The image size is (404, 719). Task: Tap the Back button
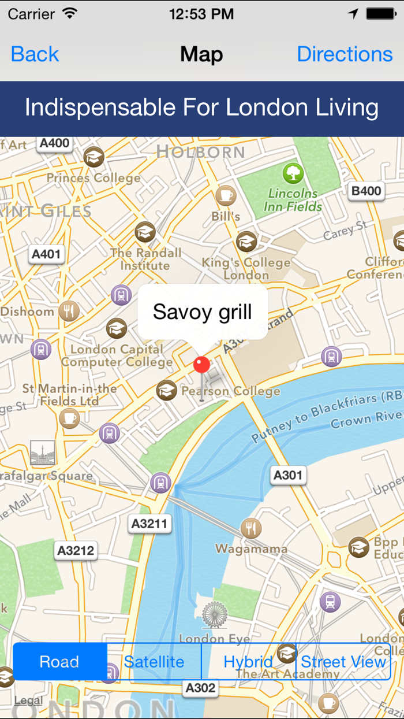35,54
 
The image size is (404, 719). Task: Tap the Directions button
345,54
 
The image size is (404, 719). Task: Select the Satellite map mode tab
154,662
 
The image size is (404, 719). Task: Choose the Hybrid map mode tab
248,662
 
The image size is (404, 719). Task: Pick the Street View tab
343,662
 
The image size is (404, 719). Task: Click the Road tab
59,662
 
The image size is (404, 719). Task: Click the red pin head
201,365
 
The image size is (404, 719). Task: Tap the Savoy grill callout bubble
203,312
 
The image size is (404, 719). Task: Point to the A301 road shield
287,476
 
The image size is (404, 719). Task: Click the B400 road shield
366,191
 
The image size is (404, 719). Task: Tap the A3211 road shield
149,524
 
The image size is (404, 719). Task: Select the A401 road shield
46,254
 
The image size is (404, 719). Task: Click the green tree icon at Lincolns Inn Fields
293,173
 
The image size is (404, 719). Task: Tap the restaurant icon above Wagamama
250,528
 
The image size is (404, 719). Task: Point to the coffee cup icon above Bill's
226,196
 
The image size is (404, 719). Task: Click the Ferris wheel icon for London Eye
215,614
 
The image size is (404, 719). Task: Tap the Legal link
28,701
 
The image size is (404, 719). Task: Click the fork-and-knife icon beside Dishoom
69,312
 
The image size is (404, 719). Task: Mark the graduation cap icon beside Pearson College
167,391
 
